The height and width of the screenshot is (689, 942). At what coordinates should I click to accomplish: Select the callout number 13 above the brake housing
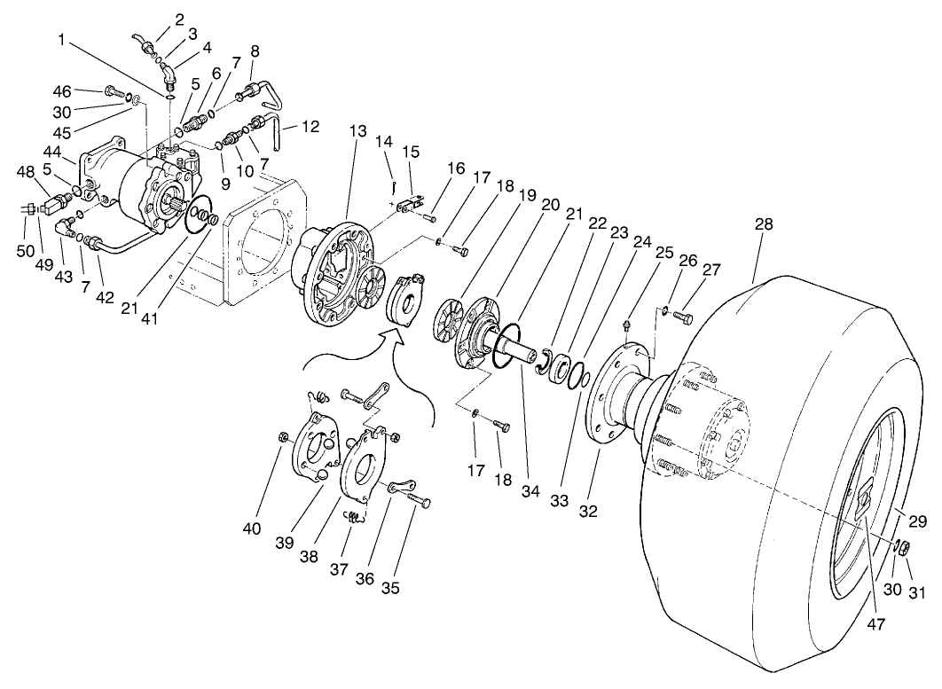tap(357, 130)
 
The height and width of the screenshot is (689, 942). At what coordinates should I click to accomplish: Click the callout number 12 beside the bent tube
tap(310, 126)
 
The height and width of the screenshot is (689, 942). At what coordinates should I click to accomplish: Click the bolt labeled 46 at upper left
tap(112, 91)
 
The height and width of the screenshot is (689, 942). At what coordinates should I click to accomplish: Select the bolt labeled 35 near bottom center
tap(418, 501)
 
